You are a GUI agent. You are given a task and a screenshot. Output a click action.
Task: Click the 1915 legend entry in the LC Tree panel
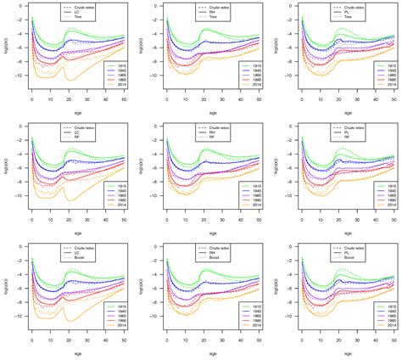click(116, 65)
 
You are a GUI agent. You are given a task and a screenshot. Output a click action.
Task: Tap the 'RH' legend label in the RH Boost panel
click(218, 254)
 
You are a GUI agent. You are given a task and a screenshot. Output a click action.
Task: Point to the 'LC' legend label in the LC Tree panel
click(87, 11)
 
